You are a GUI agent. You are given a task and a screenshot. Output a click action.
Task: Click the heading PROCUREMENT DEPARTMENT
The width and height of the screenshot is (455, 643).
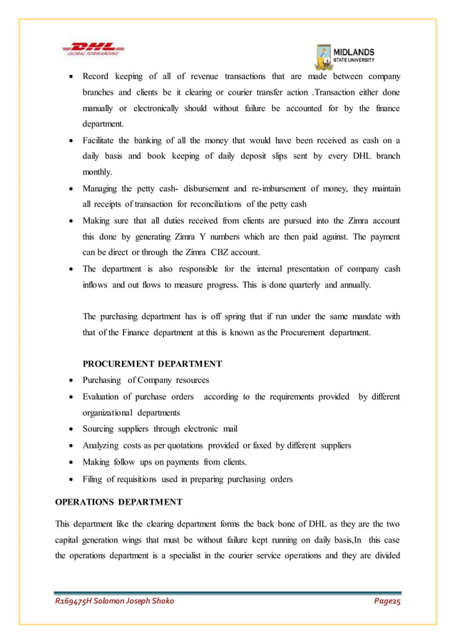pyautogui.click(x=153, y=364)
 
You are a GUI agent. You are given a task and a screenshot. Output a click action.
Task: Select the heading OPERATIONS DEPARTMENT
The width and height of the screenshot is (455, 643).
pyautogui.click(x=118, y=501)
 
